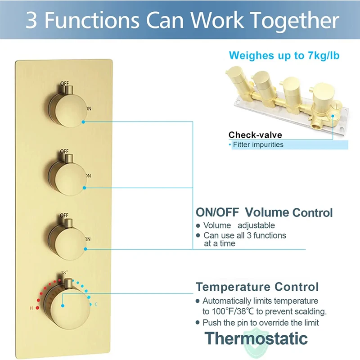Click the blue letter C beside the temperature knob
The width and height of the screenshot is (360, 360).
(95, 305)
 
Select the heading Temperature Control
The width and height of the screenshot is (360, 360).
(257, 287)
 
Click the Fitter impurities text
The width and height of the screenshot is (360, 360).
(258, 145)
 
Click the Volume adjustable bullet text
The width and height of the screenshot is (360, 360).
(239, 225)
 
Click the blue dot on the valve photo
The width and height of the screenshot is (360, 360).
(333, 116)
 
